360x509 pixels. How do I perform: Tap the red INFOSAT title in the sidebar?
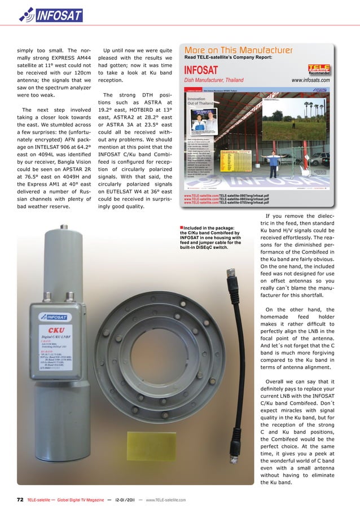click(x=201, y=70)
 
